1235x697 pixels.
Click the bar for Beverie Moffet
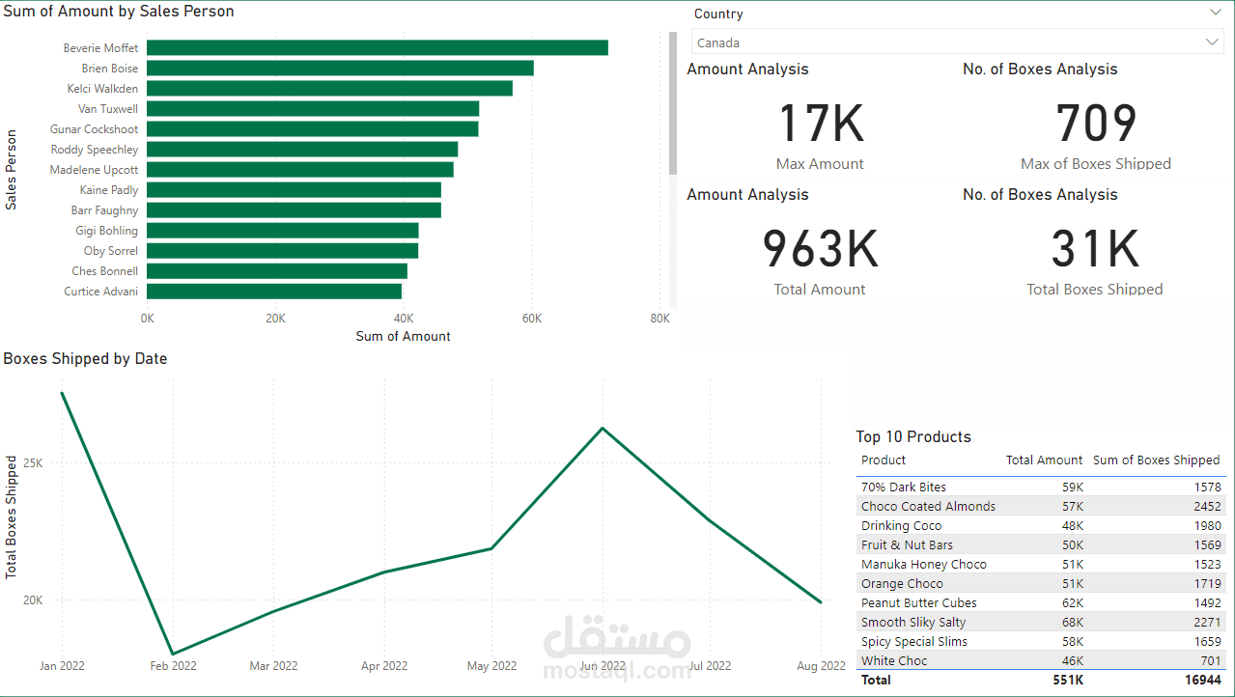378,48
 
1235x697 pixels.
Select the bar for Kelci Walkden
329,88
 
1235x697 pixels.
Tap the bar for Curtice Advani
274,292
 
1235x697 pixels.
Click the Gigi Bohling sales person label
106,231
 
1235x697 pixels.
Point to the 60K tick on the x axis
532,319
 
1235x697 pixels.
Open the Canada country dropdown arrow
1212,42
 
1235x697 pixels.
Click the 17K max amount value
821,123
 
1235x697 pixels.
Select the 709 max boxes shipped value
1096,123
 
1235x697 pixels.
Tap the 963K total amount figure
820,249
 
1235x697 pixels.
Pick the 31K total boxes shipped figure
1095,249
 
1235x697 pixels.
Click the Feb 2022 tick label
173,665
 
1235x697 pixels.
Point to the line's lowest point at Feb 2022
173,654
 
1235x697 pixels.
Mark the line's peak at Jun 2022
603,428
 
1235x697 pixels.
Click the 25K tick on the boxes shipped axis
33,462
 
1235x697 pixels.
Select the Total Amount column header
1044,460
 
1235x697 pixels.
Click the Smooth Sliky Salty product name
913,622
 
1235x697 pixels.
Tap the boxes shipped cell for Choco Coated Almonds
1207,506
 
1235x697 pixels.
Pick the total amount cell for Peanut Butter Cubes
1073,602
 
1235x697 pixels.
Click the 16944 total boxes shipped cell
1203,680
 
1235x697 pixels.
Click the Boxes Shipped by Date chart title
85,358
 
